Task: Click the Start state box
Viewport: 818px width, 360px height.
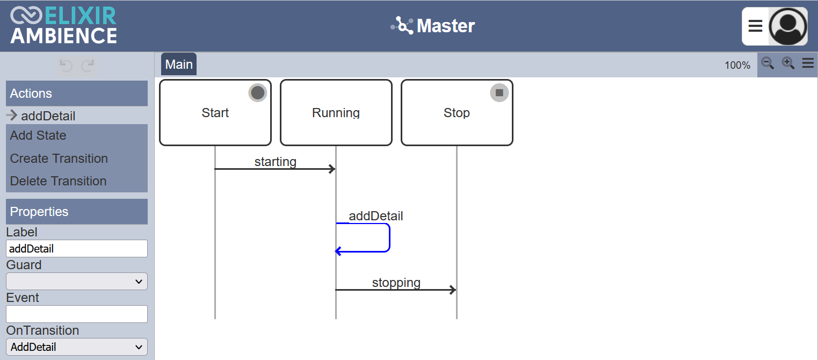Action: [x=215, y=113]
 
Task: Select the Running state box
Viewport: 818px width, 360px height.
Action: [x=336, y=113]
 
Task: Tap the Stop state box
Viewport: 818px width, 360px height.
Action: [x=457, y=113]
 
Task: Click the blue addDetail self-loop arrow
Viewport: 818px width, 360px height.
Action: [x=389, y=237]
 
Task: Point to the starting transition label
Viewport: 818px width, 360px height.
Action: [x=276, y=162]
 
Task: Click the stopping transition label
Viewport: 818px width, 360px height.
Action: [x=396, y=283]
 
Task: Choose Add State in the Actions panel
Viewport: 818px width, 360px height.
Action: [x=38, y=135]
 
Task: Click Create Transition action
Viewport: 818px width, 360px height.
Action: [x=59, y=159]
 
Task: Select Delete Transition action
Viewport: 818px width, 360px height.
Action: [x=58, y=181]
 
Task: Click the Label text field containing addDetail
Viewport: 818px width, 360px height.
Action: [x=77, y=249]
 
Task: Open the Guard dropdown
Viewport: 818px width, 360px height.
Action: [x=77, y=282]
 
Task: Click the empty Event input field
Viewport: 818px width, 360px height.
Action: [x=77, y=314]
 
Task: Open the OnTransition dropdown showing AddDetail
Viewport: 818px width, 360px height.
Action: [x=77, y=347]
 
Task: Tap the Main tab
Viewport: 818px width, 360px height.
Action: [x=179, y=64]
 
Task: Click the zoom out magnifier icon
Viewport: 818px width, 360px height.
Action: [x=768, y=63]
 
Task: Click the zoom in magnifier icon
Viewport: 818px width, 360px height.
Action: [x=788, y=63]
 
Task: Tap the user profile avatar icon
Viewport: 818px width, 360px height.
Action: [x=788, y=26]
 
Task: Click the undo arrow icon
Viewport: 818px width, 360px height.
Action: [x=66, y=66]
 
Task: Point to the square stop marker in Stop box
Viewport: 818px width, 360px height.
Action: [x=499, y=92]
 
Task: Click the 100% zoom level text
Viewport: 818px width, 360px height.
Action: [x=737, y=66]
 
